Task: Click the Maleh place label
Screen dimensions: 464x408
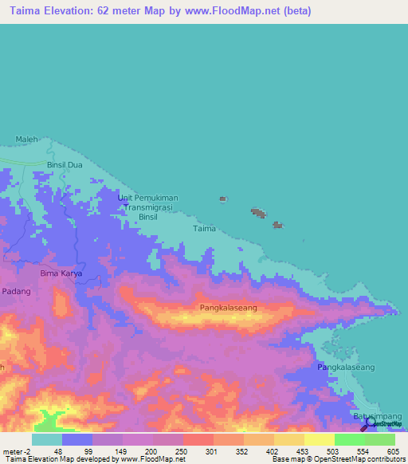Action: click(26, 140)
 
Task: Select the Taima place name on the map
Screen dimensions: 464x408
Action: click(204, 229)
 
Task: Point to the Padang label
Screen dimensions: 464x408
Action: click(15, 292)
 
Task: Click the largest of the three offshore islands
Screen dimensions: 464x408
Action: click(258, 213)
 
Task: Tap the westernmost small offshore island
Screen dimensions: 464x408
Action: click(223, 199)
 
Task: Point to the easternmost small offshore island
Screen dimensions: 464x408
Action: click(277, 226)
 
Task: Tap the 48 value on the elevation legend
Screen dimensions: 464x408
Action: click(57, 450)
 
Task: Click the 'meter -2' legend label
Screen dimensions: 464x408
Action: click(15, 450)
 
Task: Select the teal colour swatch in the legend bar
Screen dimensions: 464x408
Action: click(46, 439)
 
